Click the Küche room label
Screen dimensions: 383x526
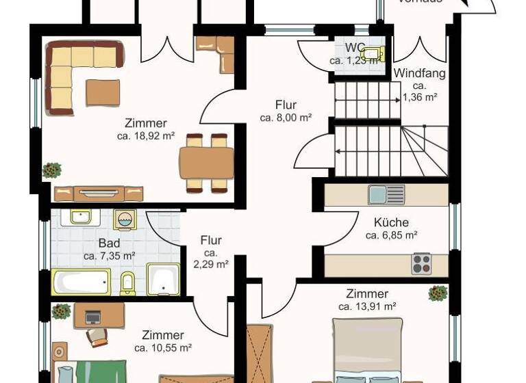[x=391, y=222]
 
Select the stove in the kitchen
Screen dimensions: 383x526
[x=421, y=263]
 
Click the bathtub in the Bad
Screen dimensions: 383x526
[x=81, y=282]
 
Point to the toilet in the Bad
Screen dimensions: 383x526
[x=127, y=282]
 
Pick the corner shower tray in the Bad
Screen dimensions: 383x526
[x=163, y=279]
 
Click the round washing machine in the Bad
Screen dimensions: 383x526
[x=125, y=219]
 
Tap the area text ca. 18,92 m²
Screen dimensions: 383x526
[x=145, y=136]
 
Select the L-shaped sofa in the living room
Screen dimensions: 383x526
[x=75, y=68]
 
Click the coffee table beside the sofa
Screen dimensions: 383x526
[x=103, y=92]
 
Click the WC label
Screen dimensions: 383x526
[x=355, y=48]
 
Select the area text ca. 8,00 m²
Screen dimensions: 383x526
[x=286, y=118]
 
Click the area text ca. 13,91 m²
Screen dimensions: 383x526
[x=371, y=307]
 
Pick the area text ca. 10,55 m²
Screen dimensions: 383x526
[x=162, y=348]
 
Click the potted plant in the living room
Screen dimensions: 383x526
[x=51, y=170]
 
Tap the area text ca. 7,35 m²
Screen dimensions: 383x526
[x=109, y=256]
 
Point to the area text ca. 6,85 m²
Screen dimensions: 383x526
[x=391, y=235]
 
